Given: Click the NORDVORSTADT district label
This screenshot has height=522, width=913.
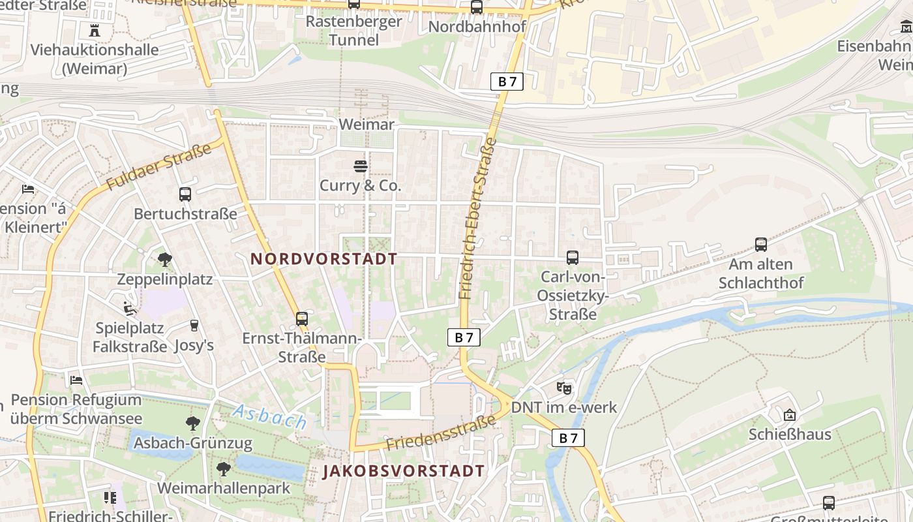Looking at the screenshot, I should coord(324,258).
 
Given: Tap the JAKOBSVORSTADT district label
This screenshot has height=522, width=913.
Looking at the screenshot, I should coord(404,470).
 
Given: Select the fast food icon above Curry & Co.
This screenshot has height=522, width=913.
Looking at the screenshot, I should coord(360,166).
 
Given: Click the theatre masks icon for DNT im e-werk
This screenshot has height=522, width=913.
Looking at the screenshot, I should coord(564,388).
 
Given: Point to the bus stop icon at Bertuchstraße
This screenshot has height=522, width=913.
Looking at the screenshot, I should coord(185,194).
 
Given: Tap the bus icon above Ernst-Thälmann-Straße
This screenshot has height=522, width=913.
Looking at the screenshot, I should coord(301,318).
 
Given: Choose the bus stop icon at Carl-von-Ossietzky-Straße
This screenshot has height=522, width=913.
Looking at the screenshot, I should coord(573,258).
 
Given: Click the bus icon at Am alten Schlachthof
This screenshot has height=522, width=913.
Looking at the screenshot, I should coord(760,245).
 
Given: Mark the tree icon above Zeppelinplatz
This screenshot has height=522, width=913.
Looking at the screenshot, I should coord(164,260).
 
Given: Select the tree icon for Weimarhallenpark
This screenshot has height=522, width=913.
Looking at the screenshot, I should coord(224,468).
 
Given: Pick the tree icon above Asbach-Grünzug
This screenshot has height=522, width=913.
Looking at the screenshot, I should coord(192,423).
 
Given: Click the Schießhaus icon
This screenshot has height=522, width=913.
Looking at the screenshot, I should coord(790,414).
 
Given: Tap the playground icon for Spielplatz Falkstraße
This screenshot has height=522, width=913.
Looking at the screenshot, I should coord(130,308).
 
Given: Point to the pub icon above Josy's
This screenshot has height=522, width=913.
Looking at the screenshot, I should coord(194,325).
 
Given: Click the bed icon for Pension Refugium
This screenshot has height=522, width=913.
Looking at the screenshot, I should coord(76,380).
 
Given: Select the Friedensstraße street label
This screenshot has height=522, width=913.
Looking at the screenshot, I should coord(441,433).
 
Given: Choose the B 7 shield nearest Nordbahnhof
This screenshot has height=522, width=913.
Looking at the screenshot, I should coord(506,81).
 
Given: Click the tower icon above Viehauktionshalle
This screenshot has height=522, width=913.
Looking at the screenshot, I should coord(95,30).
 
